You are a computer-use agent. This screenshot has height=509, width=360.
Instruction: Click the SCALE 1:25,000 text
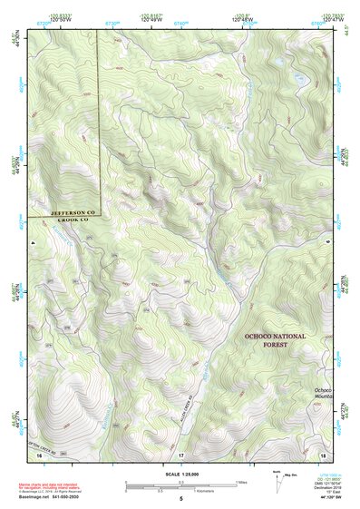coord(180,475)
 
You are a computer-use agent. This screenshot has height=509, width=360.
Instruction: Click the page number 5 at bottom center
coord(180,500)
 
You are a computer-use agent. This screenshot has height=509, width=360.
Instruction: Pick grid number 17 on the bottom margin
coord(181,454)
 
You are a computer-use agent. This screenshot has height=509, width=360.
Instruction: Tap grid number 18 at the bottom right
coord(324,454)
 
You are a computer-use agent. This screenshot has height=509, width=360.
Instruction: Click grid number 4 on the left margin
coord(30,244)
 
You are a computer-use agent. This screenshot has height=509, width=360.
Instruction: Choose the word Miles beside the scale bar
coord(241,483)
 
